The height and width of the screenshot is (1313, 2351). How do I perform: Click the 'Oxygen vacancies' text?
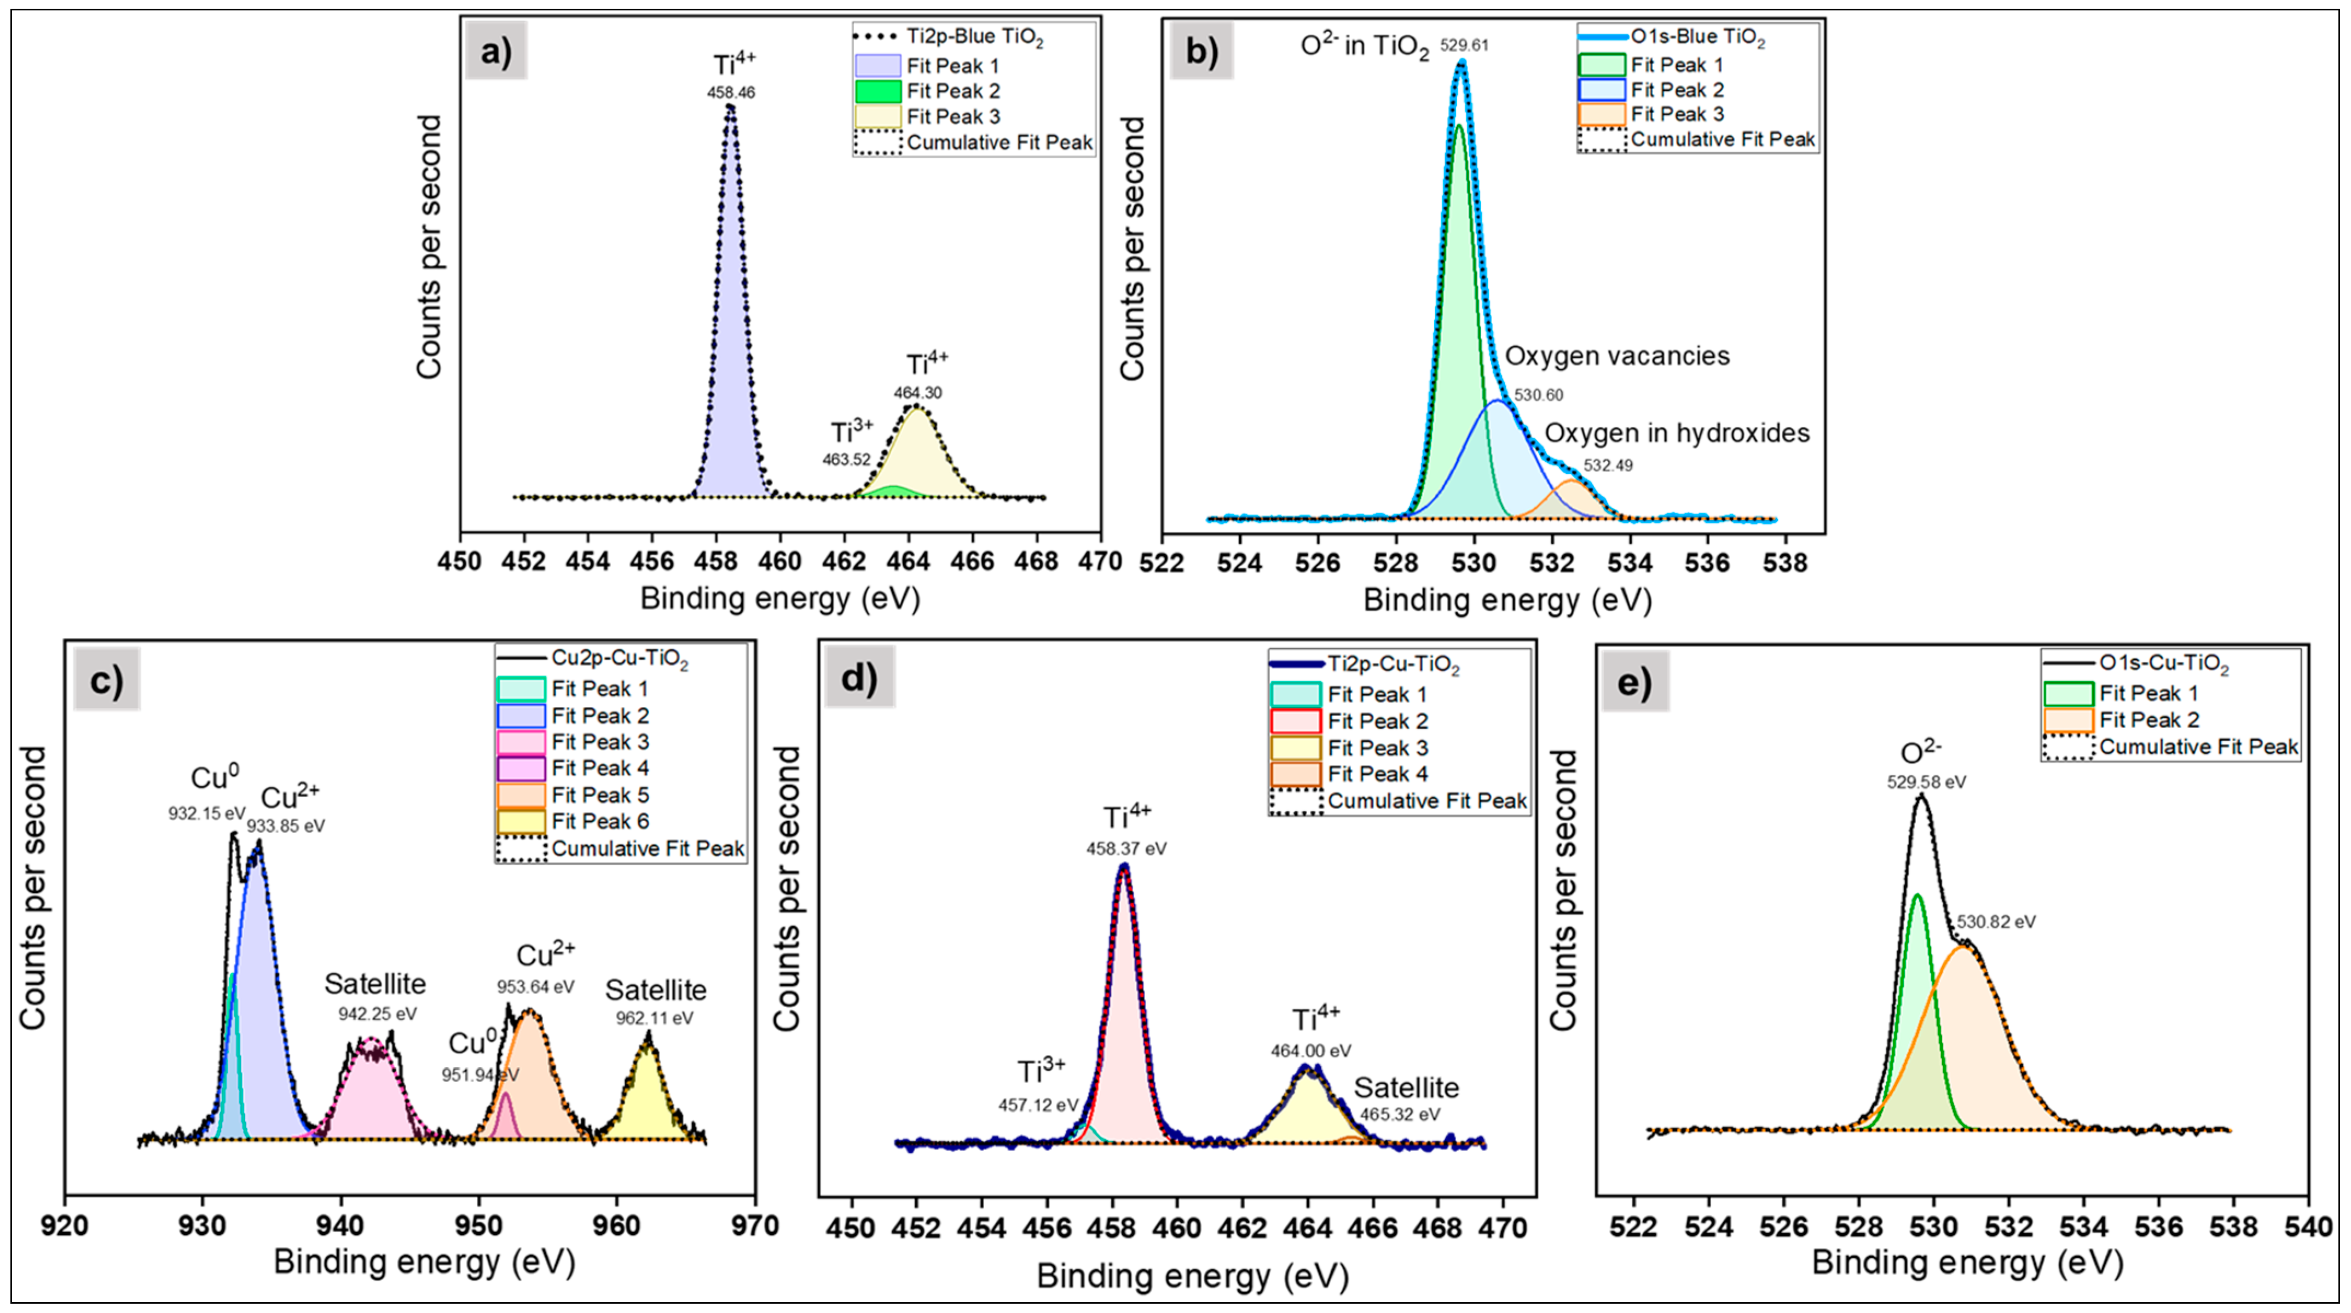click(x=1616, y=356)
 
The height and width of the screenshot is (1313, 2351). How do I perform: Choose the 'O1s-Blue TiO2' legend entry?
click(x=1697, y=37)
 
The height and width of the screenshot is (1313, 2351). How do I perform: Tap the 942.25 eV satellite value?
click(x=377, y=1014)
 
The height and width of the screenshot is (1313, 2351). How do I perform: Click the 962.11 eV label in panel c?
click(x=654, y=1018)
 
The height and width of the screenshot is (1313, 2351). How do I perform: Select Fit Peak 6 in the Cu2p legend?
click(x=599, y=821)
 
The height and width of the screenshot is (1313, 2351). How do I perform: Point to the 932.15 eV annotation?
click(x=206, y=813)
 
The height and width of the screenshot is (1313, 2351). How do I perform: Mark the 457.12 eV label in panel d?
click(x=1038, y=1105)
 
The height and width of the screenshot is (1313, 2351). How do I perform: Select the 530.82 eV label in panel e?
click(x=1995, y=922)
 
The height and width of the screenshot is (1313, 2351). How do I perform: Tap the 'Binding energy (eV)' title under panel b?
click(x=1507, y=600)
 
